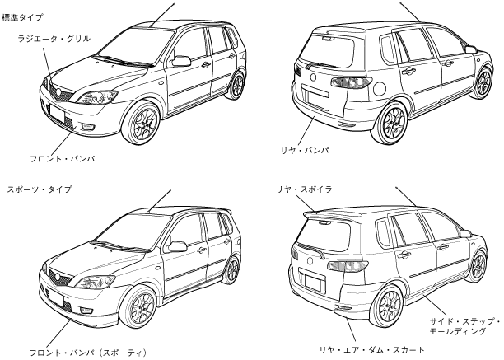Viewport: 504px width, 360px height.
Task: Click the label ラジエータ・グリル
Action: pyautogui.click(x=54, y=38)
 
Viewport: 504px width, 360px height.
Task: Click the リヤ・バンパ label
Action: pyautogui.click(x=304, y=151)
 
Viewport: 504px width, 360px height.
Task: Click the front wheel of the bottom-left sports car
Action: pyautogui.click(x=142, y=306)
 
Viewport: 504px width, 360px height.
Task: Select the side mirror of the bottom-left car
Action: pyautogui.click(x=177, y=245)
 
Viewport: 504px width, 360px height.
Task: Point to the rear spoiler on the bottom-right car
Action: pyautogui.click(x=329, y=216)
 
